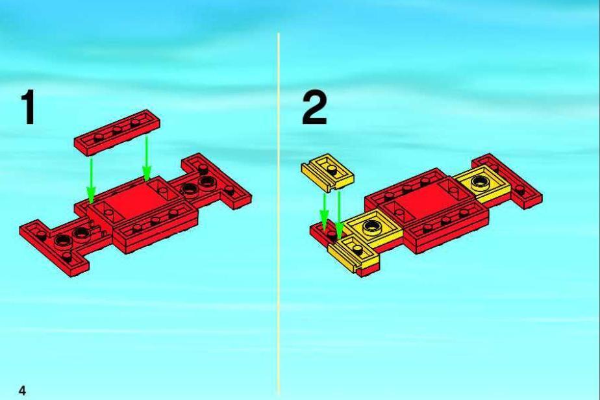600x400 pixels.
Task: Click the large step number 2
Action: coord(314,108)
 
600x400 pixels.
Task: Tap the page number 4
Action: coord(22,390)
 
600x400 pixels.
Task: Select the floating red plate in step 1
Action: coord(117,132)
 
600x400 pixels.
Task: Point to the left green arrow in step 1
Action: coord(91,181)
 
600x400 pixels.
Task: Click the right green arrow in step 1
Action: coord(147,158)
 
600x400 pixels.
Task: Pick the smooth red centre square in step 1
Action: coord(136,201)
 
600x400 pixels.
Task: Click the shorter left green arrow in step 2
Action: coord(324,212)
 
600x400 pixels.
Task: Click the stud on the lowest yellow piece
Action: coord(358,251)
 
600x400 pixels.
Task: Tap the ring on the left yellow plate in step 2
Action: coord(371,227)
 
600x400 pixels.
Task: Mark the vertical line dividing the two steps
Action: coord(279,214)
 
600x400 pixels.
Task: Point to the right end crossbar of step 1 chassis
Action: coord(217,181)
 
